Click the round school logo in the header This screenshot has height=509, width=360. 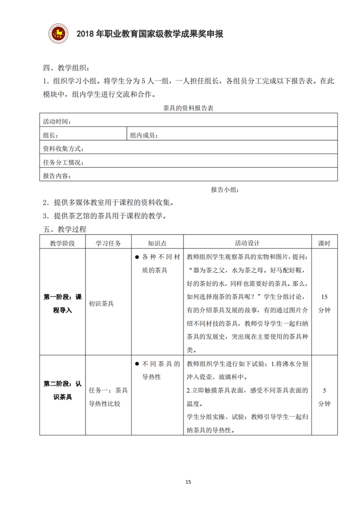click(x=59, y=33)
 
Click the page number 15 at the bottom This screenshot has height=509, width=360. click(x=187, y=482)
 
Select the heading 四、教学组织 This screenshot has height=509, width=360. click(x=66, y=69)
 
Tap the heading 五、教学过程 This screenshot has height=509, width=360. click(x=65, y=229)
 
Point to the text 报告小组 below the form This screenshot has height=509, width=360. click(x=225, y=189)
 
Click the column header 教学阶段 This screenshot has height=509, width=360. click(x=62, y=243)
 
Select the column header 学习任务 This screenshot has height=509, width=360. click(x=108, y=243)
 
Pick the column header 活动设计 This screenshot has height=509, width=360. click(x=248, y=243)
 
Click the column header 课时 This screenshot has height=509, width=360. click(x=324, y=243)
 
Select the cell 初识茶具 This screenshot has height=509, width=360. click(x=101, y=303)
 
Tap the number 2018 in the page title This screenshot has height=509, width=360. click(x=86, y=34)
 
